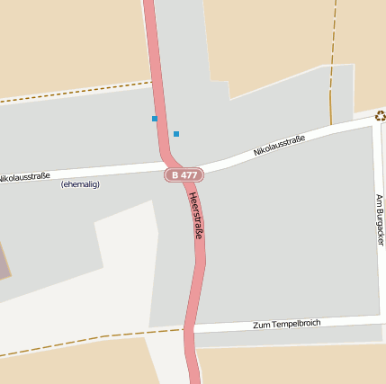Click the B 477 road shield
tap(184, 174)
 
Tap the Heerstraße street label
tap(197, 216)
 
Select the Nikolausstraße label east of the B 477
tap(279, 145)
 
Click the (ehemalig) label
tap(80, 184)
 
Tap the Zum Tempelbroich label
tap(286, 324)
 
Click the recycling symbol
tap(380, 115)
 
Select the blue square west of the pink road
tap(155, 119)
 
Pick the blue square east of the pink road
tap(176, 134)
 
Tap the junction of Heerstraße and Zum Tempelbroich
tap(191, 330)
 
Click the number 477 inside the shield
tap(188, 174)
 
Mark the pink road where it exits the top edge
tap(149, 4)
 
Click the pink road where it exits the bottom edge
tap(193, 380)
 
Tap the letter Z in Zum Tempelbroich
tap(256, 326)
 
